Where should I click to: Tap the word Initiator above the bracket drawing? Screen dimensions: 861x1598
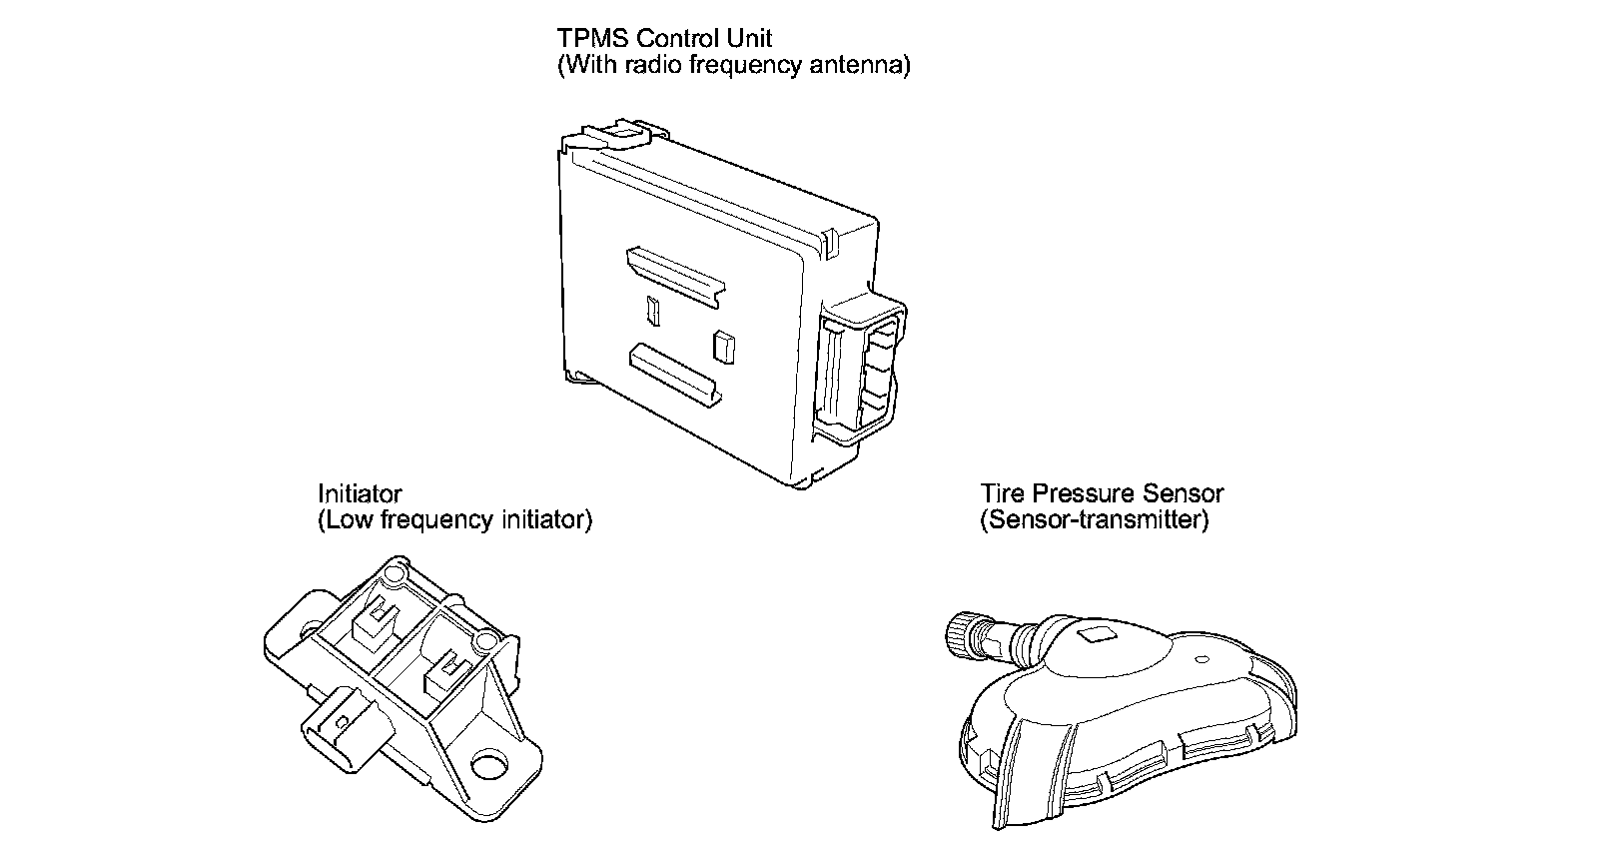(x=360, y=493)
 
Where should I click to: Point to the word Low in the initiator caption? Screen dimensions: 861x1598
(x=347, y=520)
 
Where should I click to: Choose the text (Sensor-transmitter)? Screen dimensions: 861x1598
(x=1094, y=520)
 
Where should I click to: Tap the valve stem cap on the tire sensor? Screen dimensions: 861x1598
(x=960, y=635)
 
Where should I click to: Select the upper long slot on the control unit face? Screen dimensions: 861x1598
(x=674, y=273)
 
